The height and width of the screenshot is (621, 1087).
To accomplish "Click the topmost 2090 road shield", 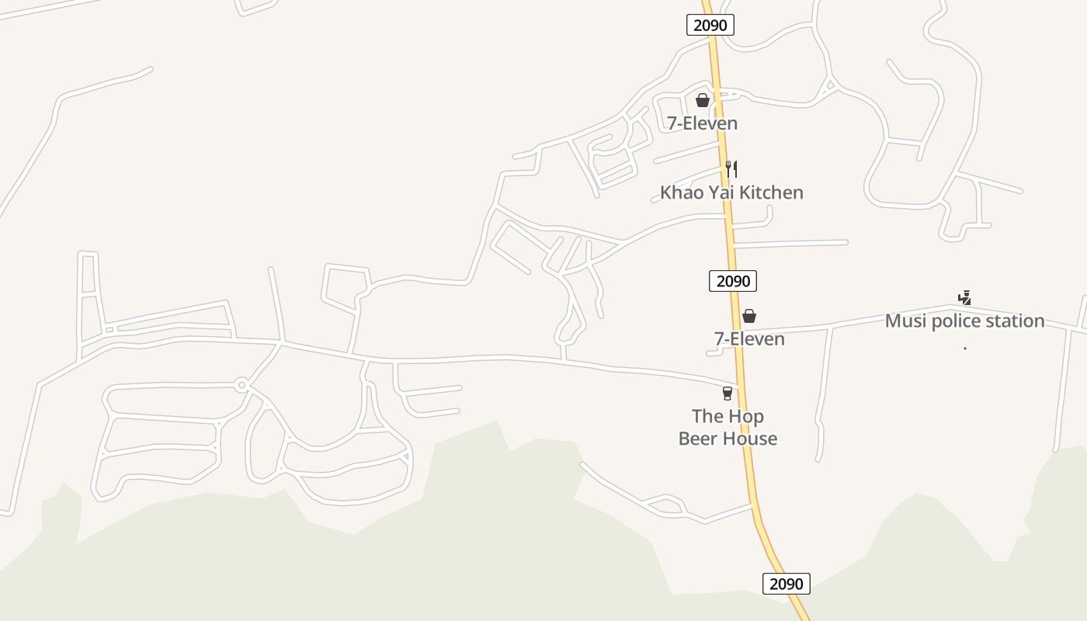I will [x=710, y=25].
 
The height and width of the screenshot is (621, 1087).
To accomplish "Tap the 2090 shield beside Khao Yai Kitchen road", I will [x=732, y=280].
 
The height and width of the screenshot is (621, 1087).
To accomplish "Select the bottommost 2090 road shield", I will [x=786, y=584].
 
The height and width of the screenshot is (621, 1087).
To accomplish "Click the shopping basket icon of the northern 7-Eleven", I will [x=703, y=100].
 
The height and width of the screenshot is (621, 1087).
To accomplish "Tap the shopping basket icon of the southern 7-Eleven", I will [x=749, y=316].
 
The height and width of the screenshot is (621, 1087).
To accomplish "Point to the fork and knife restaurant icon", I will [x=731, y=168].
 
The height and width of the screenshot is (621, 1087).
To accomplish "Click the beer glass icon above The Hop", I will [x=728, y=394].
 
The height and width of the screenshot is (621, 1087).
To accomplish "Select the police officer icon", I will [x=964, y=297].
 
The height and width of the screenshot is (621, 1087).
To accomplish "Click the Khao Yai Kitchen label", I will [x=731, y=193].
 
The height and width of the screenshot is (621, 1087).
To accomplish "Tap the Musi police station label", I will [x=964, y=321].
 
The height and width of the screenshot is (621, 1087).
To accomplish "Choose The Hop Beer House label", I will [x=728, y=428].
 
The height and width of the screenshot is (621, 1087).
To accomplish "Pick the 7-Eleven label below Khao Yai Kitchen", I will [x=749, y=339].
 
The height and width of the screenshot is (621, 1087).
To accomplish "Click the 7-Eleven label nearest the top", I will [x=703, y=123].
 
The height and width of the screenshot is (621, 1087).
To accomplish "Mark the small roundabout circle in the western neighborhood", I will [x=241, y=385].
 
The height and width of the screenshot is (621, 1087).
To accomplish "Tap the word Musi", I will [x=905, y=321].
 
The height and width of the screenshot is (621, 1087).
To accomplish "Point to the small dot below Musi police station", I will [x=964, y=349].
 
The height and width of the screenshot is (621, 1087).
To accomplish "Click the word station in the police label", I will [x=1012, y=321].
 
